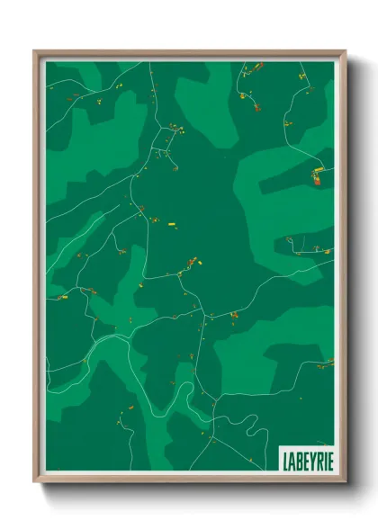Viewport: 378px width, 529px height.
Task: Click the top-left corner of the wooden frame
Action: (35, 51)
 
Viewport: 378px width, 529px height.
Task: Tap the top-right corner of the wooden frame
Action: (345, 51)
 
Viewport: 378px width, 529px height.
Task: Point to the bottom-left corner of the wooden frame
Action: (35, 482)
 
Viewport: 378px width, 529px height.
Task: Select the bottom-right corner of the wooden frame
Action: (345, 482)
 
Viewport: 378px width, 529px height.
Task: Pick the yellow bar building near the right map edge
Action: (316, 171)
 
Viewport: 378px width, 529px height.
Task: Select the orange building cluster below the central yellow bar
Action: (190, 263)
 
